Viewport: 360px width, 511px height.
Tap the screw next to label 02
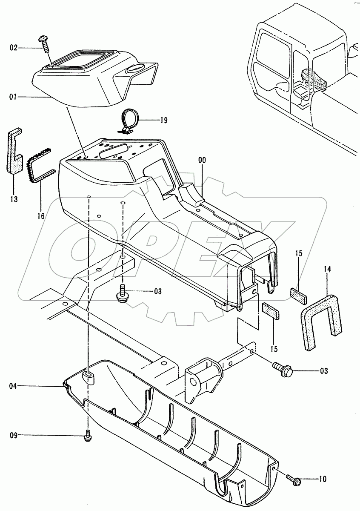pyautogui.click(x=45, y=43)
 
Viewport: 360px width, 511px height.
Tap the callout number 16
pyautogui.click(x=41, y=215)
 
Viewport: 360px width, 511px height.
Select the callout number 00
pyautogui.click(x=202, y=161)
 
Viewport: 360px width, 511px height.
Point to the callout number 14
pyautogui.click(x=327, y=269)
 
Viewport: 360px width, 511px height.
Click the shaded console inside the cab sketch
pyautogui.click(x=313, y=79)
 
